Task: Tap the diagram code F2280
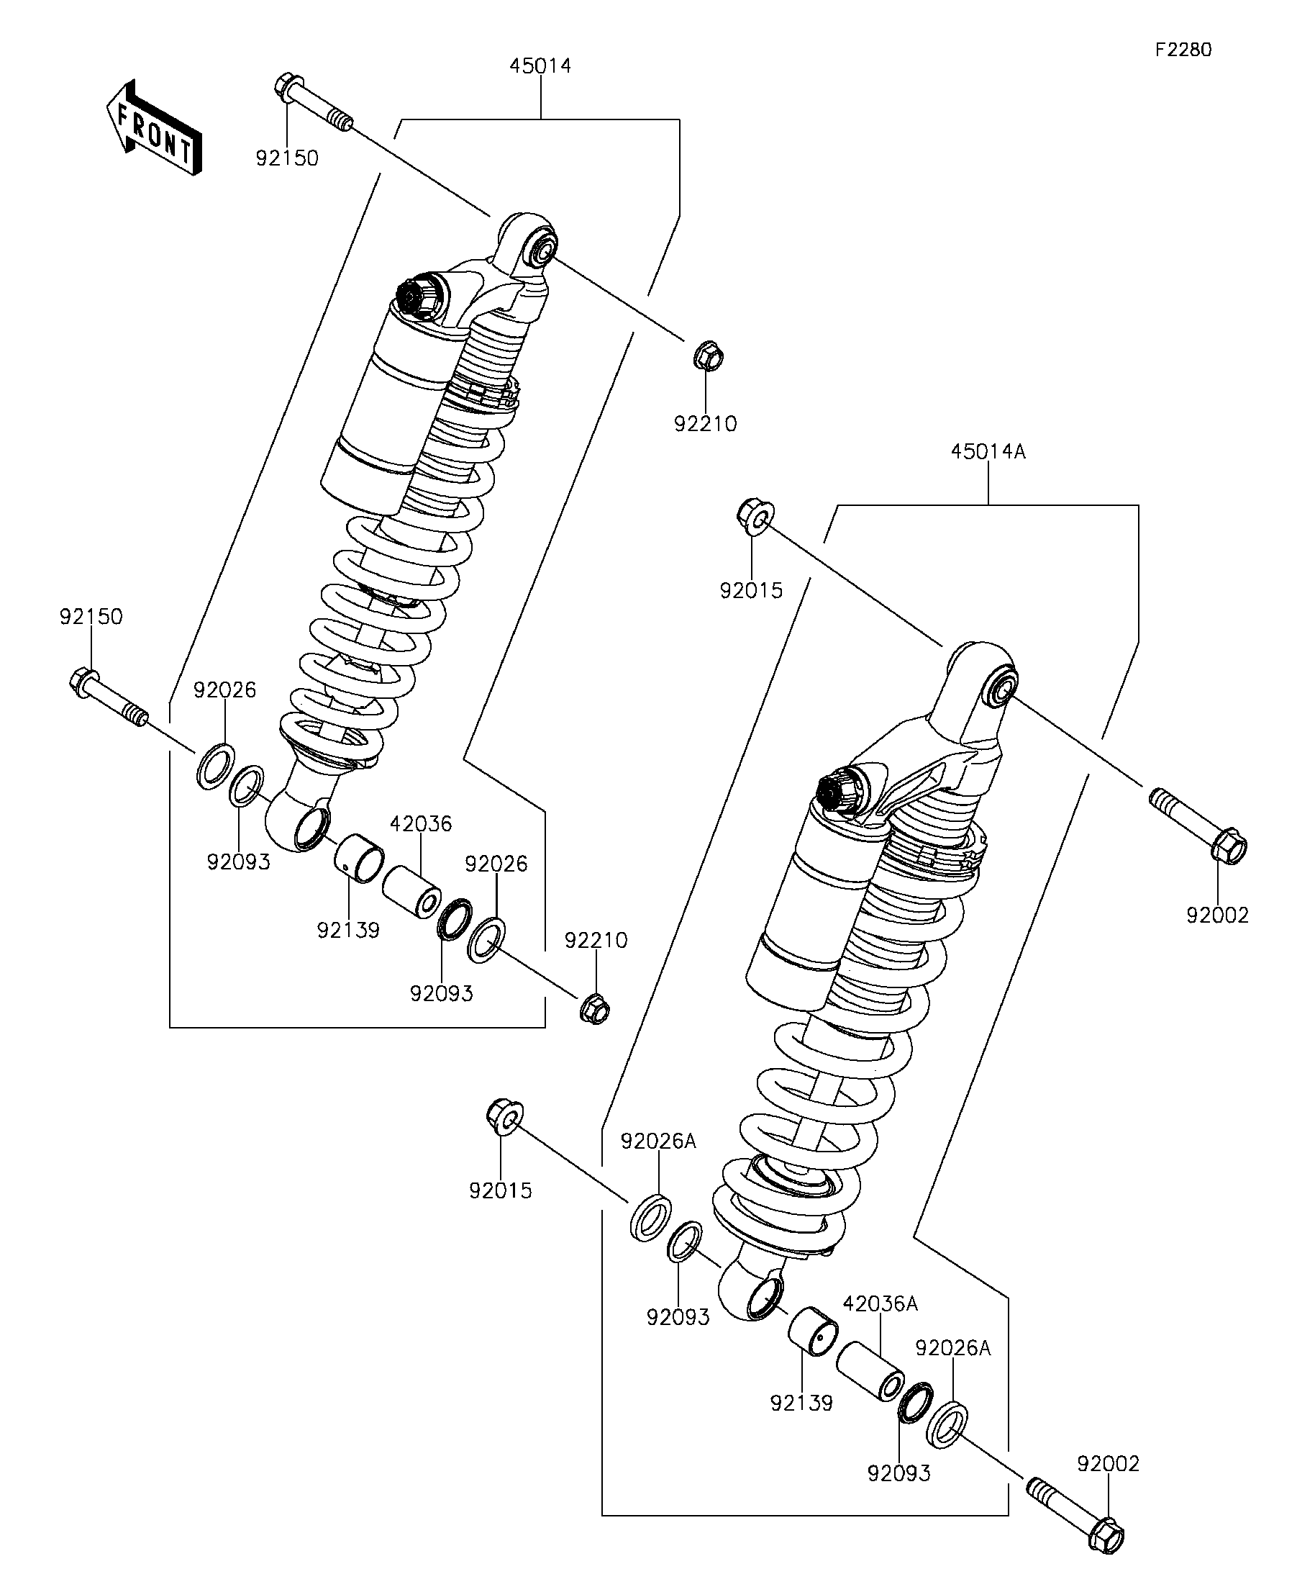pyautogui.click(x=1183, y=50)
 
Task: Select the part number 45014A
pyautogui.click(x=988, y=452)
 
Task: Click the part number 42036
pyautogui.click(x=421, y=823)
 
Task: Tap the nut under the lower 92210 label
pyautogui.click(x=595, y=1009)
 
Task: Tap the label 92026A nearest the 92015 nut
pyautogui.click(x=658, y=1141)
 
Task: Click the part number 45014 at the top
pyautogui.click(x=540, y=65)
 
